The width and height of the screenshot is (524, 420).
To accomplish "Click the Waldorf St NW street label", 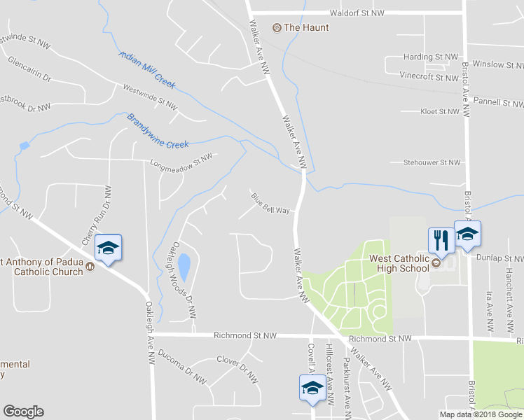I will (357, 13).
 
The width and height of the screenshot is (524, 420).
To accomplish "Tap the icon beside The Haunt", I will (277, 28).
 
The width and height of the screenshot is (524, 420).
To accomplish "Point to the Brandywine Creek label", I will (158, 131).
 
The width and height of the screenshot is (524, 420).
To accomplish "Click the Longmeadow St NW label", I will (181, 163).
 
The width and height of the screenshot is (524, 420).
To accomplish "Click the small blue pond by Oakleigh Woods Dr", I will (184, 267).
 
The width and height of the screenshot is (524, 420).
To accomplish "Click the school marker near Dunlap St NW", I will (467, 234).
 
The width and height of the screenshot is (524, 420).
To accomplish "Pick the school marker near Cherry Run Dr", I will (108, 248).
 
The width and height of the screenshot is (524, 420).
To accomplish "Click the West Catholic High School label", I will (399, 262).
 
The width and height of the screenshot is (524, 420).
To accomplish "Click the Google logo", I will (23, 412).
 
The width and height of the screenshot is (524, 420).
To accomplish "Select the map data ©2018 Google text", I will (481, 414).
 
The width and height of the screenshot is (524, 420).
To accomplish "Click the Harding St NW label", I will (430, 57).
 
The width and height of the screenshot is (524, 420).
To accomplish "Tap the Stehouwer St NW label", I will (432, 162).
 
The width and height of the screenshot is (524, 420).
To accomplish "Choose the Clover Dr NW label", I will (237, 367).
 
